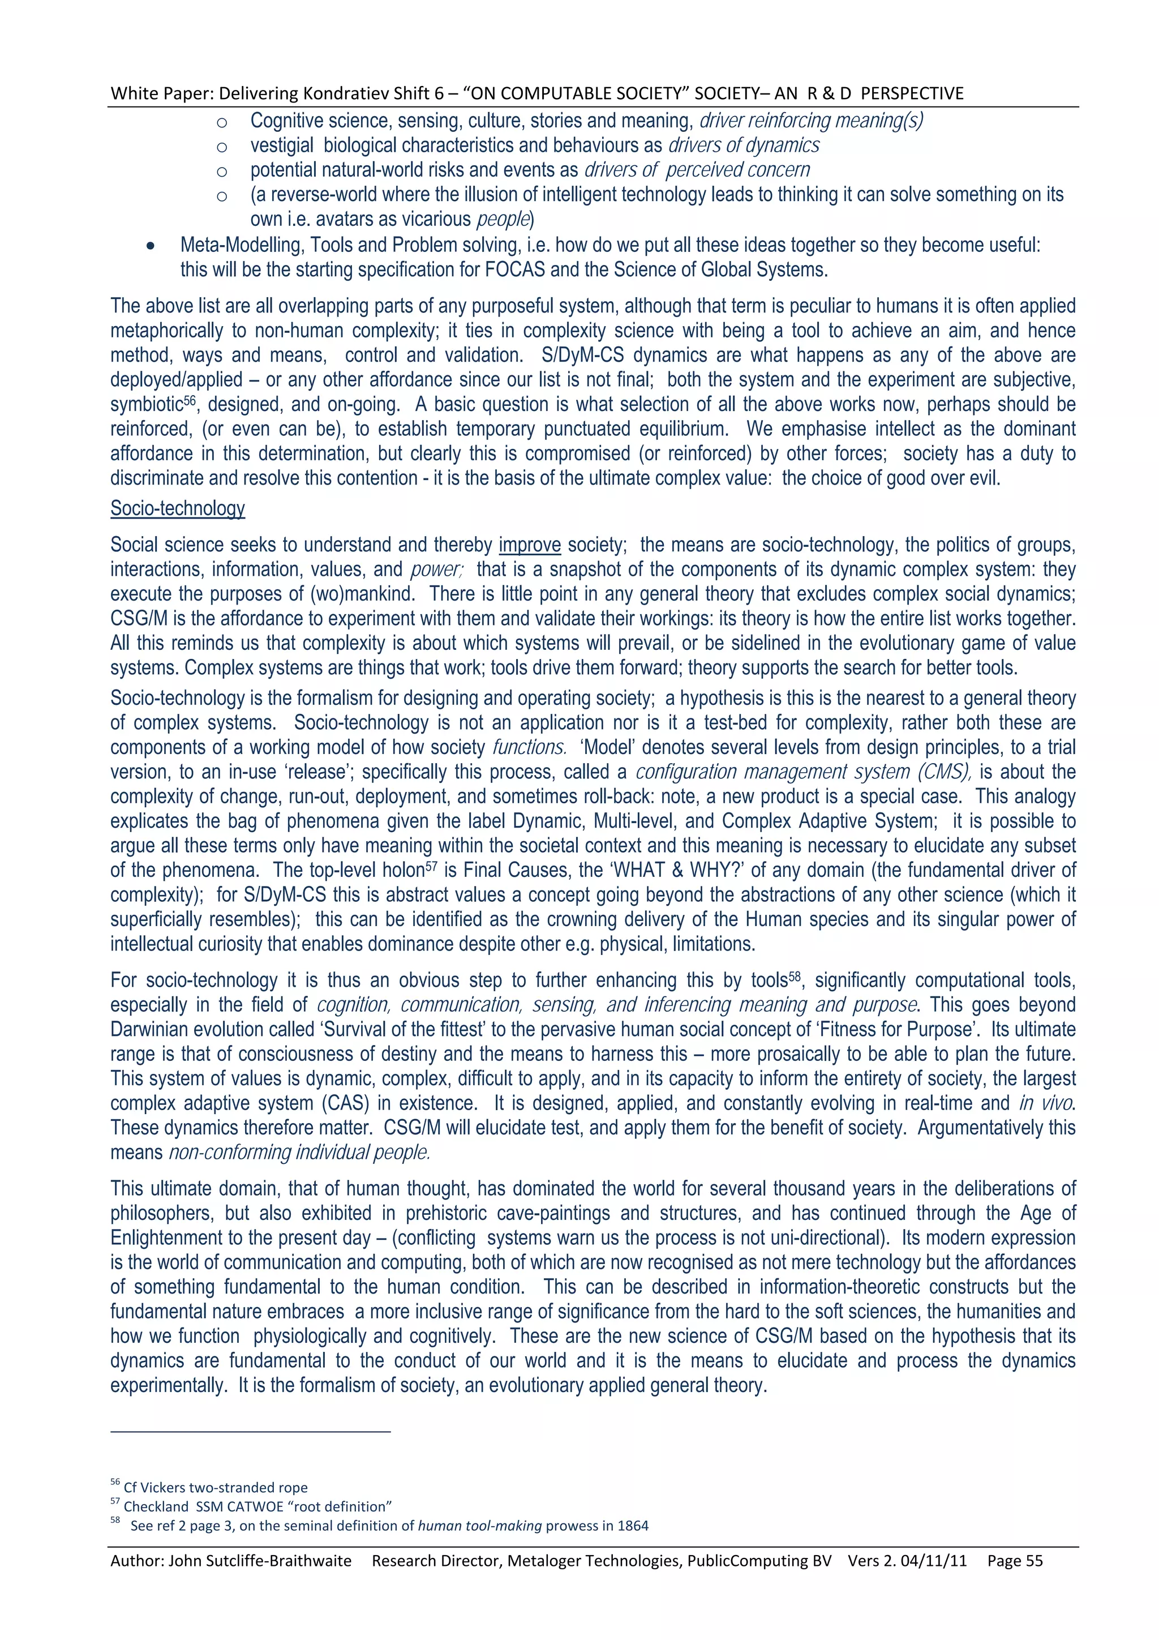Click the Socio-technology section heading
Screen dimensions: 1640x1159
pyautogui.click(x=177, y=508)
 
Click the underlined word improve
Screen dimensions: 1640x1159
pyautogui.click(x=529, y=545)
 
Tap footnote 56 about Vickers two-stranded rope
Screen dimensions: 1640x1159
pyautogui.click(x=215, y=1487)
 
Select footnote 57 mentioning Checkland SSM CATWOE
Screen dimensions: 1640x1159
pyautogui.click(x=257, y=1506)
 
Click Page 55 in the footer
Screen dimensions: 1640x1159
pyautogui.click(x=1015, y=1561)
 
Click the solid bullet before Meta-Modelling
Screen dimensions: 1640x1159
pyautogui.click(x=150, y=246)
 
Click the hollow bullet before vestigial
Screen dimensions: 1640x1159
pyautogui.click(x=222, y=147)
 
